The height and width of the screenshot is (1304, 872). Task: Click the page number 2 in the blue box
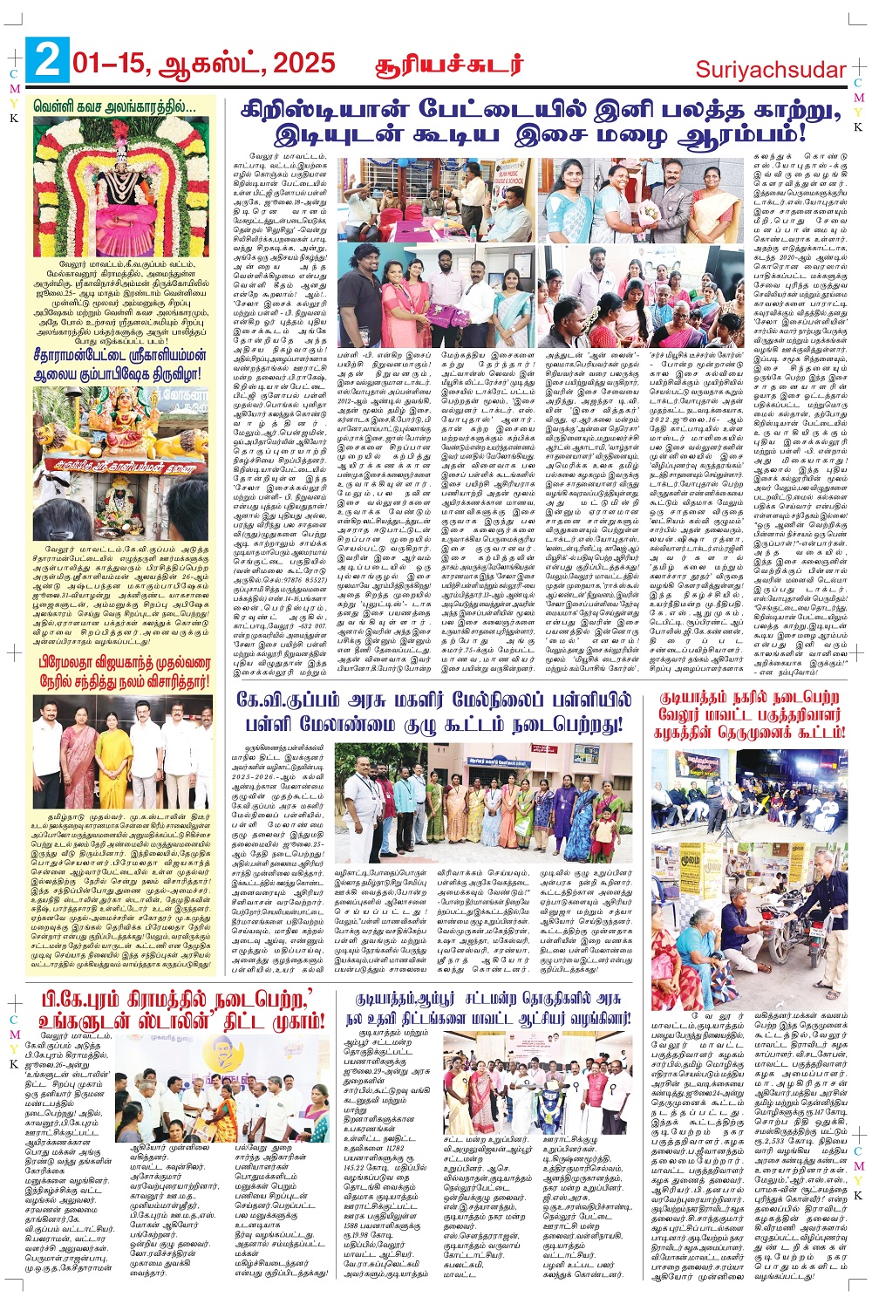click(47, 63)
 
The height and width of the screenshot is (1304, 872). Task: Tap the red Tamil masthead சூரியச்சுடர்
click(449, 65)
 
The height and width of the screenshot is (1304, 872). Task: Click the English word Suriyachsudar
click(771, 70)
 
